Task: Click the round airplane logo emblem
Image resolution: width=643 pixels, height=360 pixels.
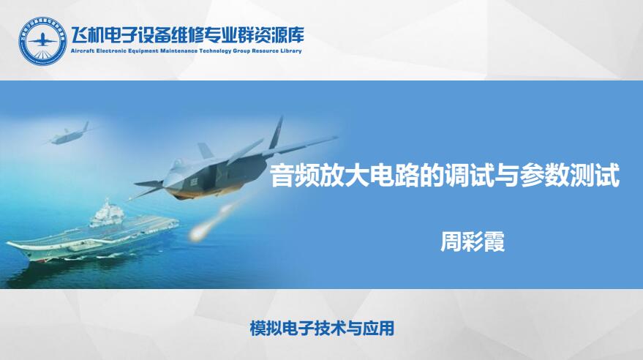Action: [42, 41]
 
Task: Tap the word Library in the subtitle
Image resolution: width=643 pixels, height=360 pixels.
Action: [292, 51]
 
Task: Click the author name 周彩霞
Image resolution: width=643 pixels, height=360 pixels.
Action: [473, 242]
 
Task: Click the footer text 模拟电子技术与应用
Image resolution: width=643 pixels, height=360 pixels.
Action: [322, 329]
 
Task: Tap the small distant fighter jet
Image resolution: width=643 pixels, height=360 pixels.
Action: [67, 135]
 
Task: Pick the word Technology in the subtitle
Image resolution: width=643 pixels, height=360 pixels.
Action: [215, 51]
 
